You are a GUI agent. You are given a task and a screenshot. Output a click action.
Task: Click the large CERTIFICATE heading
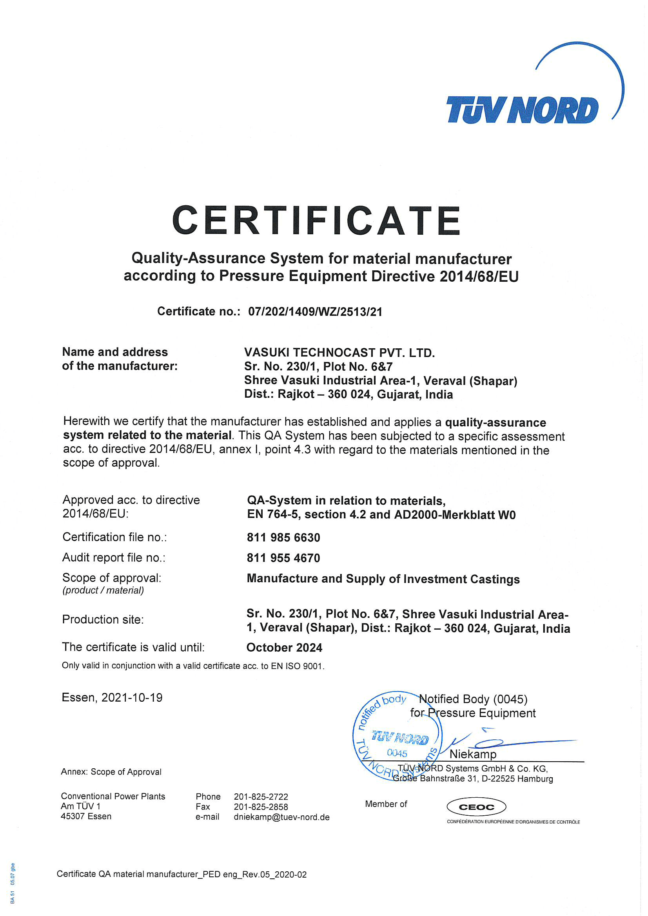coord(317,220)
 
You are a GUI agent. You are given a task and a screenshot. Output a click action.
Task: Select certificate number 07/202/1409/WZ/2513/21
coord(315,311)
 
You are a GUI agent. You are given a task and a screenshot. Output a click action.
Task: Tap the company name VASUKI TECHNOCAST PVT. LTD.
coord(339,353)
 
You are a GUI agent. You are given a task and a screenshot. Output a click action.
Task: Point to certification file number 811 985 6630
coord(283,538)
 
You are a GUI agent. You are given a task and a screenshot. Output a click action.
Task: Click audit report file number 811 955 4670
coord(283,558)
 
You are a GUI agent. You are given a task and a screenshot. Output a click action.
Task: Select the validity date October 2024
coord(284,647)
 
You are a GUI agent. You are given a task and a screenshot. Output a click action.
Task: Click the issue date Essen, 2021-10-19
coord(112,697)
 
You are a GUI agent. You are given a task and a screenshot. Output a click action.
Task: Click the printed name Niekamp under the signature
coord(473,754)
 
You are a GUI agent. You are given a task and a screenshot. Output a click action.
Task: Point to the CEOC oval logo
coord(476,807)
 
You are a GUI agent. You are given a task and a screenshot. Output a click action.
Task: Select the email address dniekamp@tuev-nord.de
coord(281,817)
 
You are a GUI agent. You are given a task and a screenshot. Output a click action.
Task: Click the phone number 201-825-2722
coord(261,797)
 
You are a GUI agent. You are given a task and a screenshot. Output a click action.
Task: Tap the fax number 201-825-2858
coord(261,807)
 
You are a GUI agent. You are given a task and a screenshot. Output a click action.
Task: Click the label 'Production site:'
coord(103,619)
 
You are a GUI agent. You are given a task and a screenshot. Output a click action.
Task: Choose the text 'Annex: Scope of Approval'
coord(111,771)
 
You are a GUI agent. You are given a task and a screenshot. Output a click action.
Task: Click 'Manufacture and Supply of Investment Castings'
coord(383,579)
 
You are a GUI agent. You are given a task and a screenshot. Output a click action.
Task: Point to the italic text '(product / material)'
coord(103,590)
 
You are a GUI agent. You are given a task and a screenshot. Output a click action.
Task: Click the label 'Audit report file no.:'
coord(114,558)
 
